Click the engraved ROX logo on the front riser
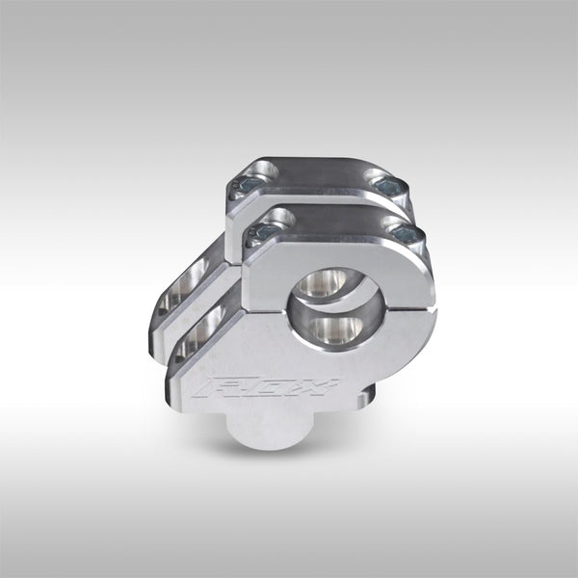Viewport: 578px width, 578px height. [267, 387]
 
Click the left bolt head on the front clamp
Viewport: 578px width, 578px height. [259, 232]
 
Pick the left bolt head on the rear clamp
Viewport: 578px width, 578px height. [240, 184]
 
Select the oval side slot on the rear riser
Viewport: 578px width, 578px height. [181, 286]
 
